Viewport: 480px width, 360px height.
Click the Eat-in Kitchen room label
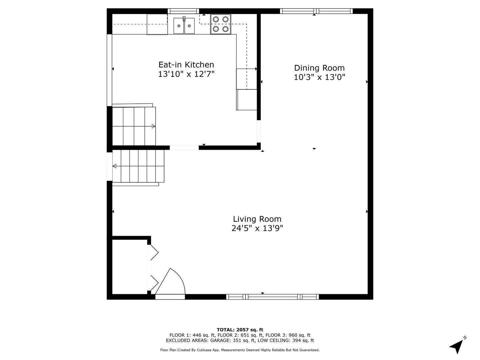(x=186, y=65)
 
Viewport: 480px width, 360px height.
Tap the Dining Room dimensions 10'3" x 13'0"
(x=319, y=77)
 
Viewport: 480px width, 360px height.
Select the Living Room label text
(x=257, y=219)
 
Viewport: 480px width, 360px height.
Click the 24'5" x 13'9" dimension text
(x=257, y=228)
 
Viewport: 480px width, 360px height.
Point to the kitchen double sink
(x=184, y=26)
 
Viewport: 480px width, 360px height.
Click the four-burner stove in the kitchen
(x=221, y=24)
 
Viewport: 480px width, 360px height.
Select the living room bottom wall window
(x=272, y=297)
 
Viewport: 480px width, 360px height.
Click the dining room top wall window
(x=316, y=11)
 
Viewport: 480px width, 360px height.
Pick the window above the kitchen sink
(x=183, y=11)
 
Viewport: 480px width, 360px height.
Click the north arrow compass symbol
(x=457, y=346)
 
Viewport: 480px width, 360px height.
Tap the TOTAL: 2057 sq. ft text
(x=240, y=330)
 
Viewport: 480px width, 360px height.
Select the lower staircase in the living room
(x=138, y=166)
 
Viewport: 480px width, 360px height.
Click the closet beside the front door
(x=129, y=267)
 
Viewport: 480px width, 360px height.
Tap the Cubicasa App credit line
(x=240, y=350)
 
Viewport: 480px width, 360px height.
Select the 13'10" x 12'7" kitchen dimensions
(x=186, y=74)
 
